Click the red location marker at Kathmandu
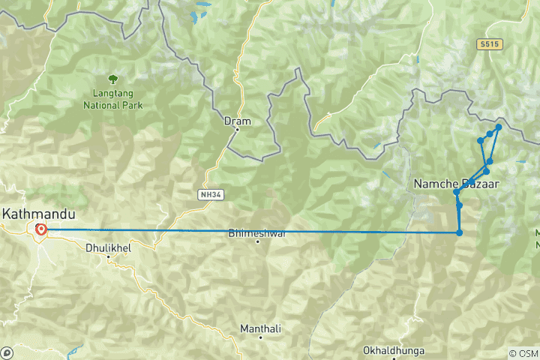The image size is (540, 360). pyautogui.click(x=40, y=230)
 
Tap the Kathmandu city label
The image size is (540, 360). pyautogui.click(x=38, y=214)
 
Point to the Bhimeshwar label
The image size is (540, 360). pyautogui.click(x=257, y=233)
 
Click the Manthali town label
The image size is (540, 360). pyautogui.click(x=260, y=328)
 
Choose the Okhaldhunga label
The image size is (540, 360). pyautogui.click(x=393, y=350)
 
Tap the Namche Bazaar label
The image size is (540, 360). pyautogui.click(x=456, y=183)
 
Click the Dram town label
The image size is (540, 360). pyautogui.click(x=237, y=120)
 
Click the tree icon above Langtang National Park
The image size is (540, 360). pyautogui.click(x=112, y=78)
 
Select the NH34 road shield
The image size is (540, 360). pyautogui.click(x=210, y=194)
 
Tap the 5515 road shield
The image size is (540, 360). pyautogui.click(x=489, y=45)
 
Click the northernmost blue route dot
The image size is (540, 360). pyautogui.click(x=499, y=127)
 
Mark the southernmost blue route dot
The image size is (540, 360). pyautogui.click(x=459, y=232)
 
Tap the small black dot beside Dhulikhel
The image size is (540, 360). pyautogui.click(x=109, y=256)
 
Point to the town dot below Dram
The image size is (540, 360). pyautogui.click(x=237, y=130)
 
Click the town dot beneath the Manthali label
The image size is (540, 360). pyautogui.click(x=260, y=338)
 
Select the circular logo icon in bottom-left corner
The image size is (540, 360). pyautogui.click(x=7, y=352)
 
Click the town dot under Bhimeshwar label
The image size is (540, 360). pyautogui.click(x=257, y=242)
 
